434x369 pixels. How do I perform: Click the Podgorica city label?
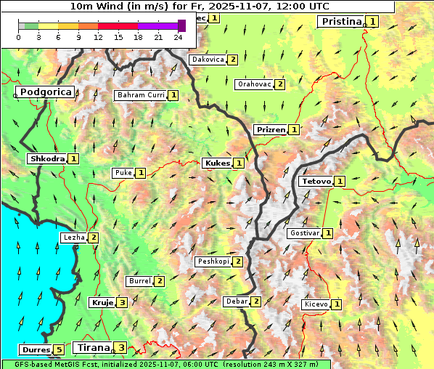pyautogui.click(x=45, y=92)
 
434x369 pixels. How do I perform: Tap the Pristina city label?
pyautogui.click(x=340, y=22)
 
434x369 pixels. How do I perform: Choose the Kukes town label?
pyautogui.click(x=217, y=163)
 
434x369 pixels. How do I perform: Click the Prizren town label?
pyautogui.click(x=270, y=130)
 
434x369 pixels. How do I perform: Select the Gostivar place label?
pyautogui.click(x=304, y=233)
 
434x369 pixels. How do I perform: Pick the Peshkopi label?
pyautogui.click(x=213, y=261)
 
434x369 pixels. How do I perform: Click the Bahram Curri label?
pyautogui.click(x=141, y=95)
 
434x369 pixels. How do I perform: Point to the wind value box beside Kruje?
pyautogui.click(x=123, y=303)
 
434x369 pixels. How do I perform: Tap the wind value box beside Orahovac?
pyautogui.click(x=280, y=84)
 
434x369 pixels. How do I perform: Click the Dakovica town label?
pyautogui.click(x=207, y=60)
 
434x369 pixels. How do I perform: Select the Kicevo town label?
pyautogui.click(x=316, y=304)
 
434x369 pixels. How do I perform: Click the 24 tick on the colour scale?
pyautogui.click(x=178, y=37)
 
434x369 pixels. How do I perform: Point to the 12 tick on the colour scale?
pyautogui.click(x=98, y=37)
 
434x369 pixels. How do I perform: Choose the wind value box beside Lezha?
pyautogui.click(x=94, y=238)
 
